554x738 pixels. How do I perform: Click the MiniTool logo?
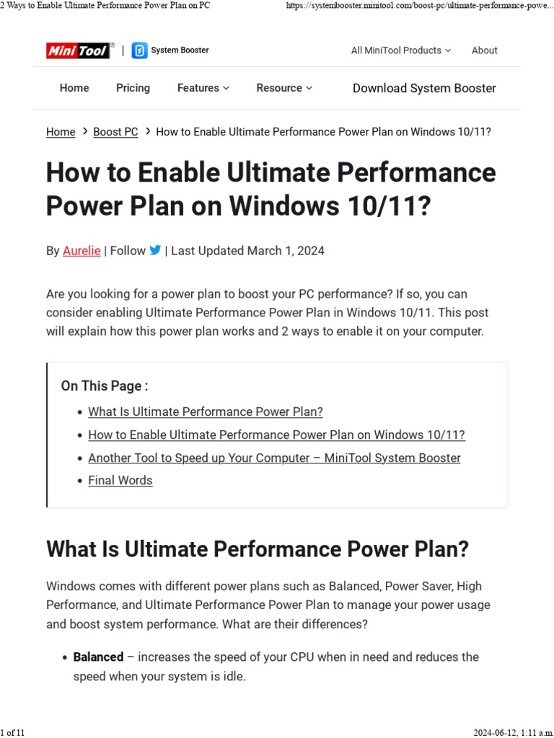coord(78,50)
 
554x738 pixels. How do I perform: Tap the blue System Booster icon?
coord(139,50)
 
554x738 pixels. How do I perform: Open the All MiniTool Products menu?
coord(400,50)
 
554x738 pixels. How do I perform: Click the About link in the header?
coord(484,50)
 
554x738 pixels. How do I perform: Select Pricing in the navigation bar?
coord(133,88)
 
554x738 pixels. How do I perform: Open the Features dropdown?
coord(203,88)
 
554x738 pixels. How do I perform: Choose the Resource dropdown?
coord(284,88)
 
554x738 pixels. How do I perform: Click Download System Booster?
coord(424,88)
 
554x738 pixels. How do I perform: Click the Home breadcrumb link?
coord(61,132)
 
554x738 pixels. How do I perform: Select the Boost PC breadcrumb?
coord(115,132)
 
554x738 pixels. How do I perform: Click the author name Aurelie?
coord(82,251)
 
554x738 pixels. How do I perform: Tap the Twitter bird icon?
coord(155,250)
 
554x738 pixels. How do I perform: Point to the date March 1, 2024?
coord(286,251)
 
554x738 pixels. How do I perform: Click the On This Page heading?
coord(105,386)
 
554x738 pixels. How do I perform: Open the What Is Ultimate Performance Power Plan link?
coord(206,412)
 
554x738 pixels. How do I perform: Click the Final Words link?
coord(120,480)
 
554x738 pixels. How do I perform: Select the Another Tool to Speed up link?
coord(274,458)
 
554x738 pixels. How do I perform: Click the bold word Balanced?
coord(98,657)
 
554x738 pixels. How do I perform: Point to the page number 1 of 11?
coord(13,732)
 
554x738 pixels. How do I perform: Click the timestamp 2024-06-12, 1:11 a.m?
coord(513,732)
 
